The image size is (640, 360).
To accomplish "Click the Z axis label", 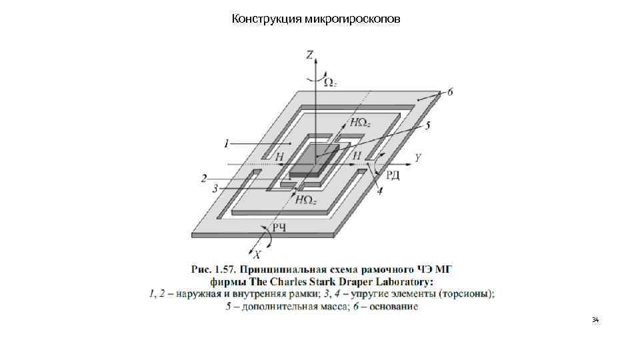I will coord(311,55).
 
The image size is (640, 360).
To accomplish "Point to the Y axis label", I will coord(417,158).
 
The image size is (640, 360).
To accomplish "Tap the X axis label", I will coord(257,254).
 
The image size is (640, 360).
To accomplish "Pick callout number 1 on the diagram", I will coord(227,143).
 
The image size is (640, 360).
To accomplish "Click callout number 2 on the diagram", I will coord(204,178).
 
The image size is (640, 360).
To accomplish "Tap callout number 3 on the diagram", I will coord(215,189).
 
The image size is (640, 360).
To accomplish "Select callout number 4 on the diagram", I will coord(379,192).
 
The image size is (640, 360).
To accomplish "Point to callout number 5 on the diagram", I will coord(427,125).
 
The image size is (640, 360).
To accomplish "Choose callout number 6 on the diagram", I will coord(450,92).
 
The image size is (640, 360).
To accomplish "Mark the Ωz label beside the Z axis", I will coord(330,82).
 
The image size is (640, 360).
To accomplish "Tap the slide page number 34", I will coord(595,321).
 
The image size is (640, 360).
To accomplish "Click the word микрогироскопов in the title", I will coord(353,19).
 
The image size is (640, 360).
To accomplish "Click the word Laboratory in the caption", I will coord(409,281).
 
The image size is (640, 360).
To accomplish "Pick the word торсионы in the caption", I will coord(466,294).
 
